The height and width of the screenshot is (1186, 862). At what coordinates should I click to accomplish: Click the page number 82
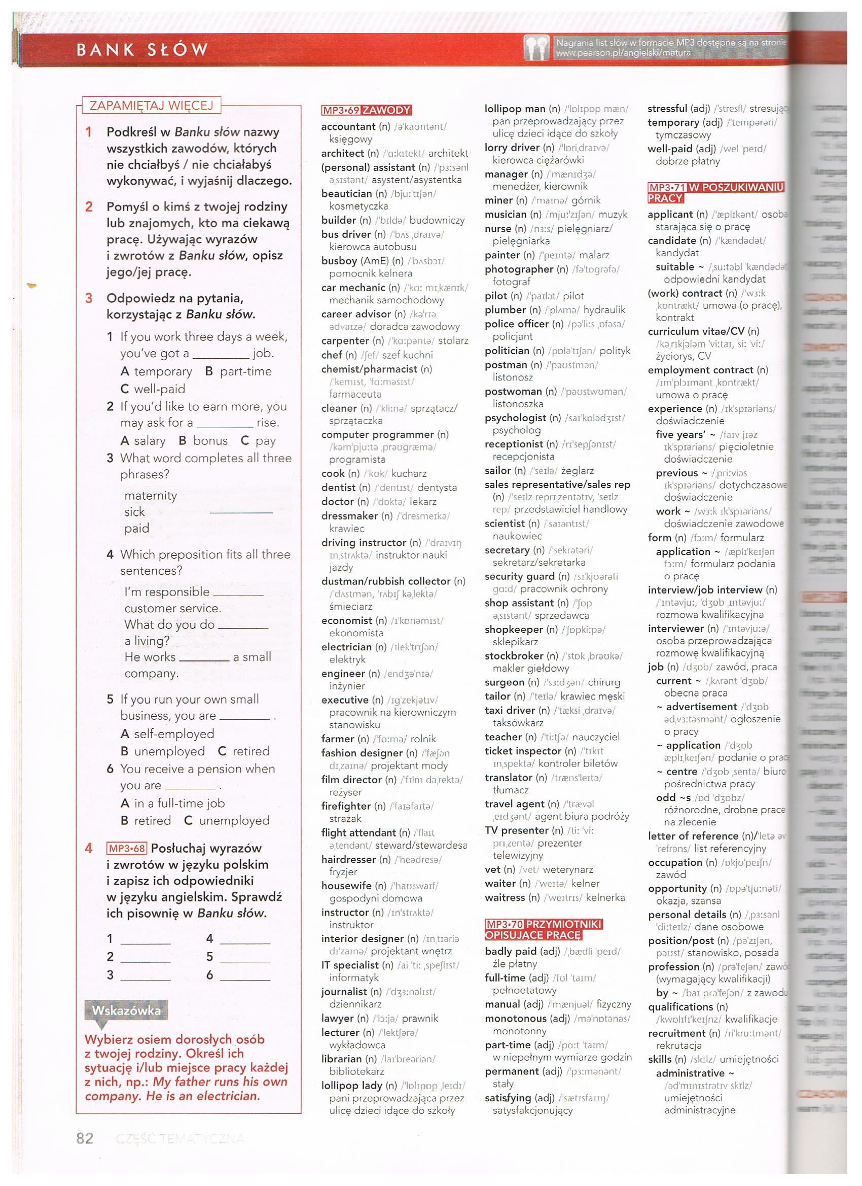[x=85, y=1138]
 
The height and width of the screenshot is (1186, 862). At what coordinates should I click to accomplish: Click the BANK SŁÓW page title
[x=142, y=50]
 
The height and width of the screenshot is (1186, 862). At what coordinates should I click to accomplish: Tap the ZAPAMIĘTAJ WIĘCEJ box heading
[x=152, y=105]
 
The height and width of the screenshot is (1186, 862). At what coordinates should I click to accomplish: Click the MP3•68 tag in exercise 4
[x=126, y=848]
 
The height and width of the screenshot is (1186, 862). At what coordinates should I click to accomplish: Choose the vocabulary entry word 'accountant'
[x=348, y=127]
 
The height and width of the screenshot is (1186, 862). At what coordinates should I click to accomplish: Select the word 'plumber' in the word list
[x=505, y=310]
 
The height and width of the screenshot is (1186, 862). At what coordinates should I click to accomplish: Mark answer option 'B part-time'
[x=238, y=371]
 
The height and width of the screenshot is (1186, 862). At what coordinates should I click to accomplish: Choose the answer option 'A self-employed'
[x=167, y=734]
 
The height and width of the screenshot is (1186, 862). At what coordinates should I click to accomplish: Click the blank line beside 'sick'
[x=241, y=511]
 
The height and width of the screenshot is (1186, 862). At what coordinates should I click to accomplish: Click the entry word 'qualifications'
[x=680, y=1006]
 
